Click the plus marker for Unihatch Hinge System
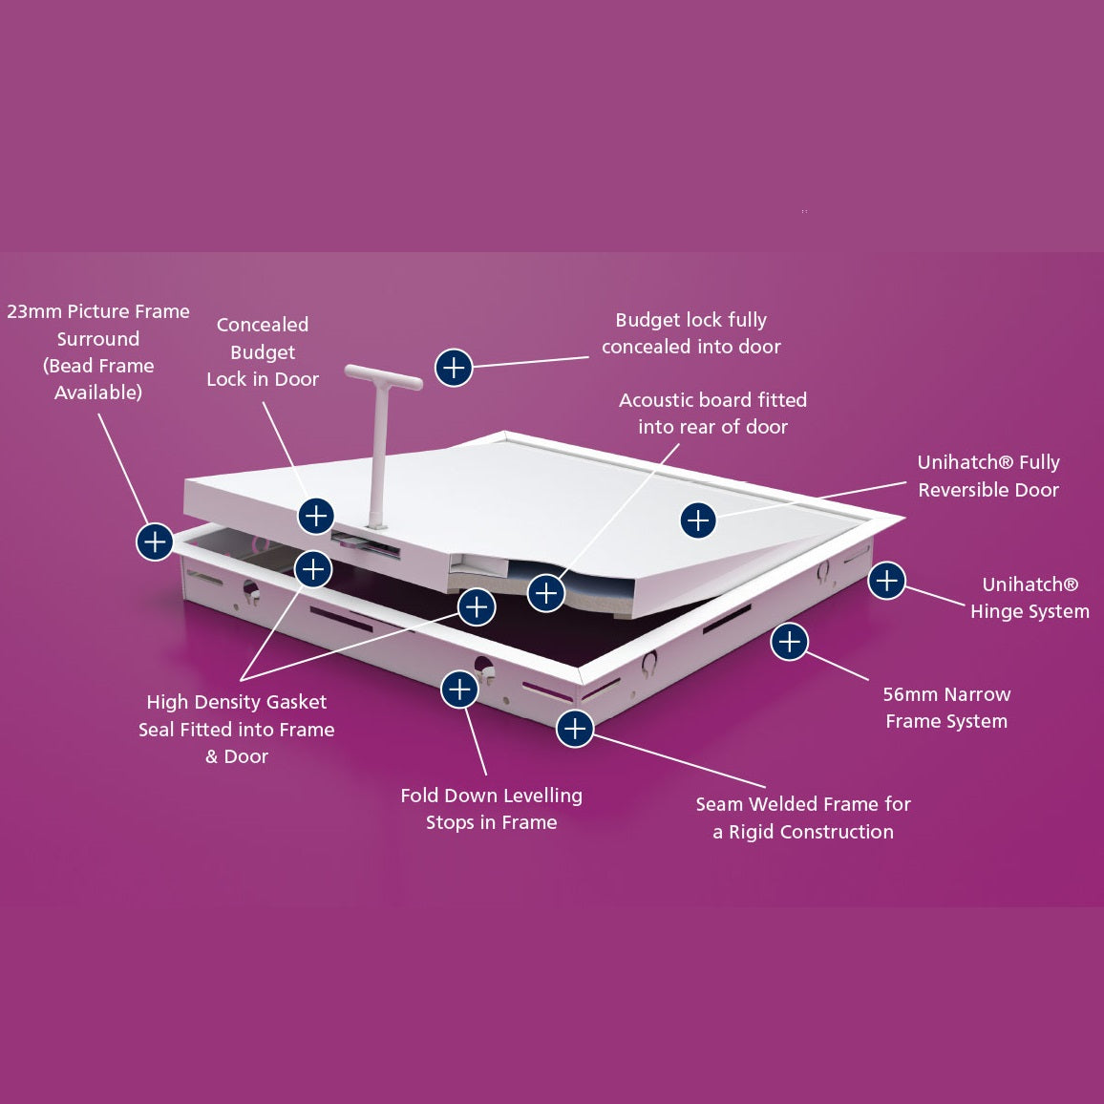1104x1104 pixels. (x=886, y=581)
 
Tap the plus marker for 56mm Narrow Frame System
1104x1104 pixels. (x=789, y=642)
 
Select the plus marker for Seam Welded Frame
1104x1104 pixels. (x=575, y=728)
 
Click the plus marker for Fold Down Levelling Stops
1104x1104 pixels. (x=459, y=689)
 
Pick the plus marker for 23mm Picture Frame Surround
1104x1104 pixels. (x=155, y=541)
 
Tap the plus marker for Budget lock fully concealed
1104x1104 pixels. (x=454, y=368)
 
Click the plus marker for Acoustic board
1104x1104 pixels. (x=546, y=593)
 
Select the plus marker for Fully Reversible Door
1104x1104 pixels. (x=698, y=520)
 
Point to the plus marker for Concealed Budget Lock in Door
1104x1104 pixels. (x=316, y=516)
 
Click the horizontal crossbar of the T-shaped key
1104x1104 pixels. (x=384, y=376)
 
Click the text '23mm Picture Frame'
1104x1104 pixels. (x=98, y=311)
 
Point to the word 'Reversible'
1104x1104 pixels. (x=988, y=490)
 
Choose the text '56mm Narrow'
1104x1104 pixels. (x=947, y=694)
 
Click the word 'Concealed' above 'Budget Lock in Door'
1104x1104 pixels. (x=263, y=325)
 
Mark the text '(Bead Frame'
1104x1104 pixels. (x=98, y=366)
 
